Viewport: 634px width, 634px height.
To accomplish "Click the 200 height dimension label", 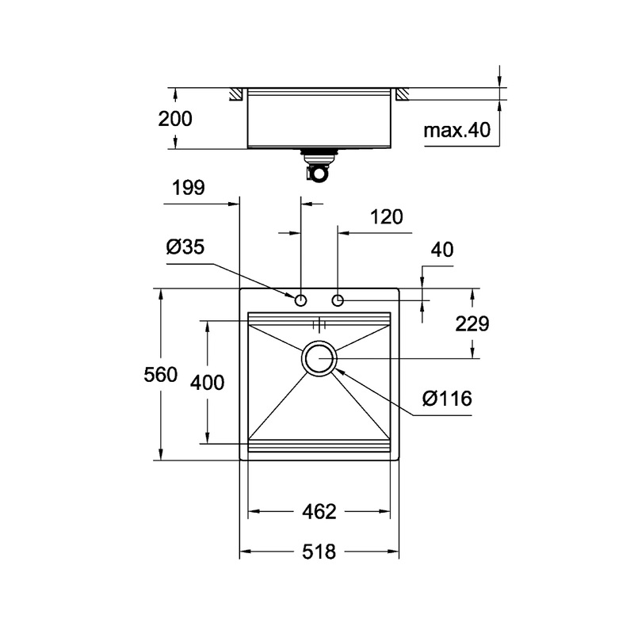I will (x=175, y=120).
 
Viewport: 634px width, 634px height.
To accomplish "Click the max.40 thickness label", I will (x=457, y=131).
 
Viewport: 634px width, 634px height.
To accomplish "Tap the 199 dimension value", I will (x=188, y=188).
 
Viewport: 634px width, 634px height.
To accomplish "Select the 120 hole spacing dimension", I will (x=387, y=217).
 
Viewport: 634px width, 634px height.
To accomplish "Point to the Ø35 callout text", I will (x=185, y=247).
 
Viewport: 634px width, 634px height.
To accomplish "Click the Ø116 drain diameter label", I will (x=447, y=399).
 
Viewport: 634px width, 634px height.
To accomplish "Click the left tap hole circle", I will (x=301, y=300).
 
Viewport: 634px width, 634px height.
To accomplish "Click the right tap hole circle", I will (x=338, y=300).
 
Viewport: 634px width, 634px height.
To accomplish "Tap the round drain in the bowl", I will (x=319, y=359).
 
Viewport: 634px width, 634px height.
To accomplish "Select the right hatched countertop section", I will (x=402, y=94).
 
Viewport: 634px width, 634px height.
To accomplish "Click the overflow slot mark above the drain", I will (x=319, y=324).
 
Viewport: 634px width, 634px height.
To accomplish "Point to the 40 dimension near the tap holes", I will (x=442, y=250).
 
